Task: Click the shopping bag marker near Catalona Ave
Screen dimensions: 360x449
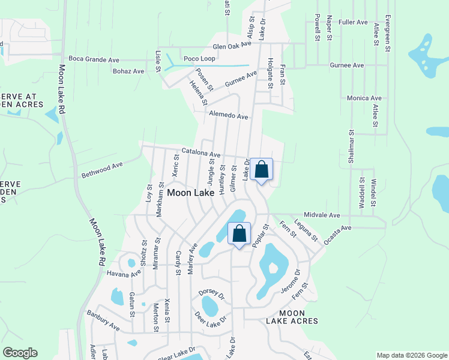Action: click(262, 170)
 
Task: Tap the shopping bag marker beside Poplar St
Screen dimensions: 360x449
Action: click(239, 234)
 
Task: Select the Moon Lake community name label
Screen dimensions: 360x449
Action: click(191, 193)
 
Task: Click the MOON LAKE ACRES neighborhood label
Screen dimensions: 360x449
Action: click(292, 317)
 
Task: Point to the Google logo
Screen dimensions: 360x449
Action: click(20, 353)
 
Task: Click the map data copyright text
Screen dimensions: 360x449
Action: click(411, 355)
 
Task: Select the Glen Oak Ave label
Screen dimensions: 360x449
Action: click(232, 46)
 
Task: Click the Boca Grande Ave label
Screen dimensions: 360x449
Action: click(94, 59)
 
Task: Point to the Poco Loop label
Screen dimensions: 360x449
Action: click(199, 59)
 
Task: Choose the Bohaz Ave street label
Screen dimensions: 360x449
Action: click(128, 71)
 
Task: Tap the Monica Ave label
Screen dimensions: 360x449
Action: click(364, 98)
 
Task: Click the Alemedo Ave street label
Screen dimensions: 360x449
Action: click(228, 116)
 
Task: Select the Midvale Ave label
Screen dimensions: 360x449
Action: click(322, 215)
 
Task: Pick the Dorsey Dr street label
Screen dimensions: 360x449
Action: click(211, 296)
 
